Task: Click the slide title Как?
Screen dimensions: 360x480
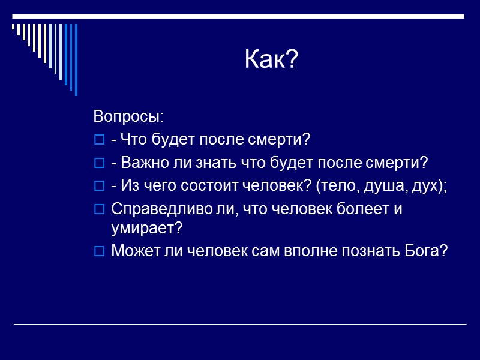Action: point(271,60)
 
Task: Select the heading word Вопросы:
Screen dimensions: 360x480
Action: point(128,115)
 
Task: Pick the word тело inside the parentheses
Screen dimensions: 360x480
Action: point(340,186)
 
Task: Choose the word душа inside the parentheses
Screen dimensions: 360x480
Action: point(383,186)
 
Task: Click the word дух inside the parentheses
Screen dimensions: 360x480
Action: point(425,186)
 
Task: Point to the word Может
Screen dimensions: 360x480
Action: point(133,251)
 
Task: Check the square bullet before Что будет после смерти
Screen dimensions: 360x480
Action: point(99,140)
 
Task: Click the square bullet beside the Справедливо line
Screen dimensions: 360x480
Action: point(99,210)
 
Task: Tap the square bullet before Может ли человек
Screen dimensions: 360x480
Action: point(99,251)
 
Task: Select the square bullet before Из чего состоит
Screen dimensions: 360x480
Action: point(99,187)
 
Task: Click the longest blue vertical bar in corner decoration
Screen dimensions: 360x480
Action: point(76,60)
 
